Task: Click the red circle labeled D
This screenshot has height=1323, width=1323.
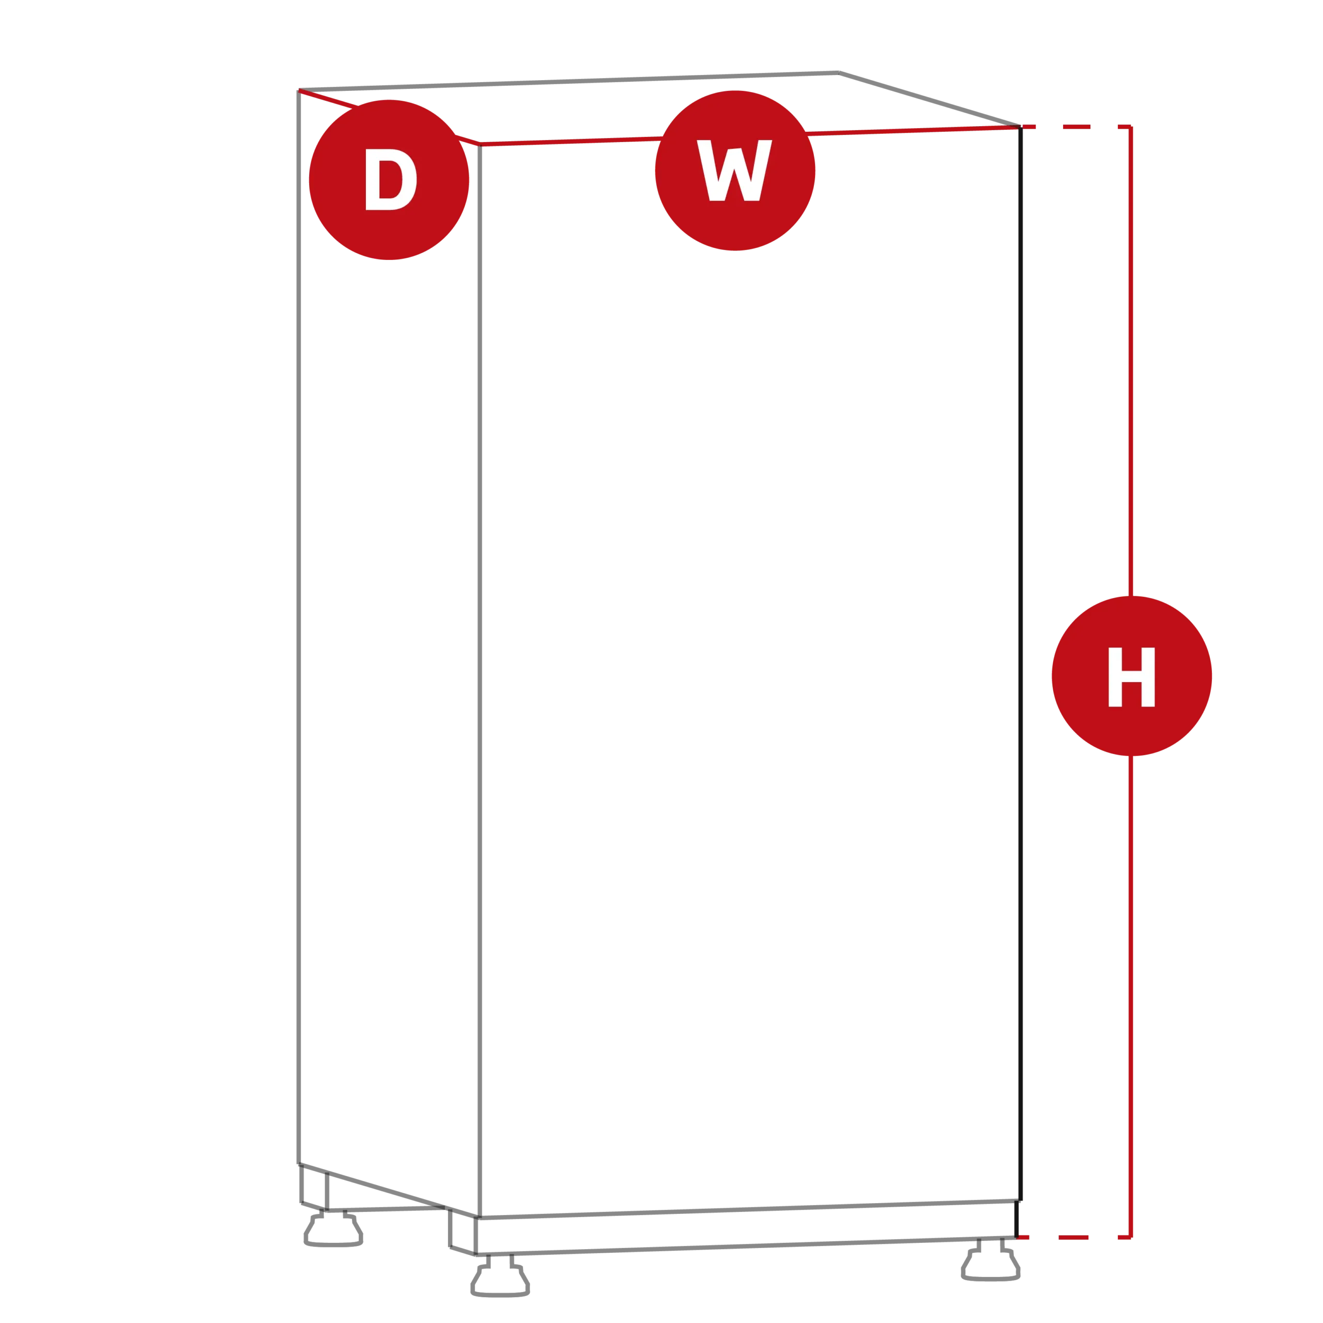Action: (x=389, y=180)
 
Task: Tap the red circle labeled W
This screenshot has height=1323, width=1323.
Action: (x=735, y=171)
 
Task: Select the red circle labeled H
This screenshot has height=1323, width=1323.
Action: (x=1132, y=676)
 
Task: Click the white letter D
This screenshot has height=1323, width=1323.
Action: (x=391, y=179)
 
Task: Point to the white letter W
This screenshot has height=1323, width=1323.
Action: (x=734, y=171)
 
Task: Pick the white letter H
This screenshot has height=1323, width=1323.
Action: (x=1132, y=676)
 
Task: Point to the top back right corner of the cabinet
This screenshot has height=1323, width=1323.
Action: (x=839, y=72)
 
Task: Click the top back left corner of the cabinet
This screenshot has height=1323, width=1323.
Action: (x=299, y=90)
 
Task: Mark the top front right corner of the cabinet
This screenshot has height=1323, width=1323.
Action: (x=1020, y=127)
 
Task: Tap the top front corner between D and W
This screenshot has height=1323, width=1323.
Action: (x=480, y=145)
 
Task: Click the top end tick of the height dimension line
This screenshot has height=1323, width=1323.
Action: (x=1125, y=127)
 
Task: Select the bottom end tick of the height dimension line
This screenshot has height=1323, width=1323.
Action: (x=1125, y=1237)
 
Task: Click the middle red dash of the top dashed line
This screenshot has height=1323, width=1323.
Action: (x=1076, y=127)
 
